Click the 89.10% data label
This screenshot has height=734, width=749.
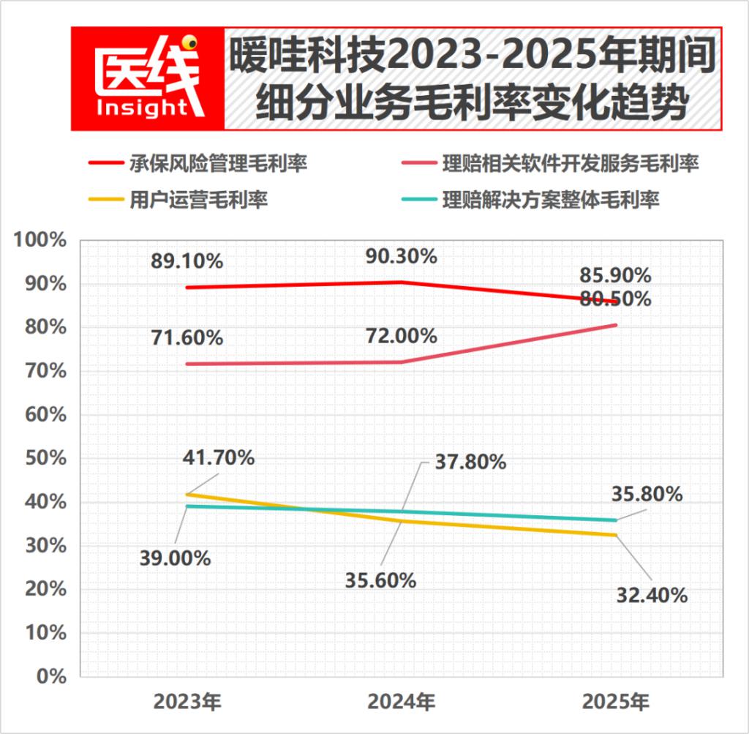pyautogui.click(x=187, y=261)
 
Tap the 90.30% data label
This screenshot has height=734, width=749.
pyautogui.click(x=401, y=256)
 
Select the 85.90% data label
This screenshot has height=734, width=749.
pyautogui.click(x=615, y=276)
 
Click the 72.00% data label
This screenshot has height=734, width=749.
pyautogui.click(x=401, y=336)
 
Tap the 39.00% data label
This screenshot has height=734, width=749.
pyautogui.click(x=176, y=558)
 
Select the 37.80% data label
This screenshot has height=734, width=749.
pyautogui.click(x=470, y=462)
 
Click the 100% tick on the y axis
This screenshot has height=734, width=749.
pyautogui.click(x=42, y=240)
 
